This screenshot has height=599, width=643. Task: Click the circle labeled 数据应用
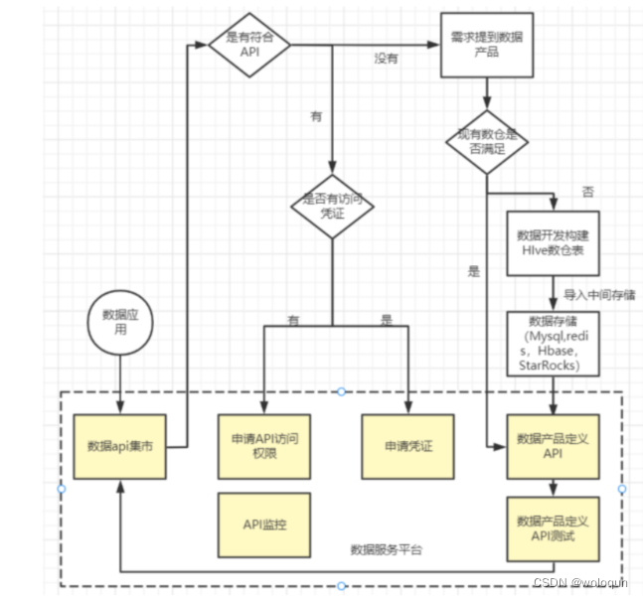click(119, 323)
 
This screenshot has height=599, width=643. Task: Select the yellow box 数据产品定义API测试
click(553, 527)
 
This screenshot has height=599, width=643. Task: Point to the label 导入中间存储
click(599, 294)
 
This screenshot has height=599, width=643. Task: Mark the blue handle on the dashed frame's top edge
click(341, 391)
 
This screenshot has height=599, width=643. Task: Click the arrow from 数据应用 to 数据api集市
click(119, 382)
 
